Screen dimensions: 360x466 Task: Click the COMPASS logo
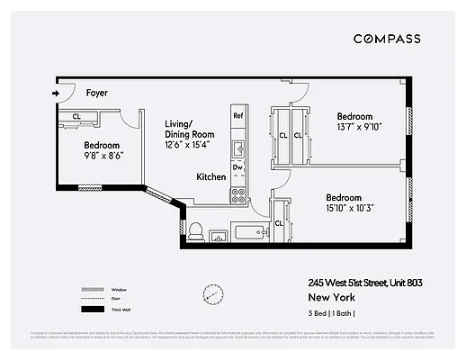pos(386,39)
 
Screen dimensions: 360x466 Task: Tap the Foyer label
pos(96,93)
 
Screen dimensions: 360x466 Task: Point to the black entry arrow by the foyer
pos(57,92)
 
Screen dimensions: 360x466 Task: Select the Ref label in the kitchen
pos(238,116)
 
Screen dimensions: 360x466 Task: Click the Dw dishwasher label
pos(238,166)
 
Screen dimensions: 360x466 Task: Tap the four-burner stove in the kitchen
pos(238,193)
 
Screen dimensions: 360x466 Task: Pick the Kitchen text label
pos(211,177)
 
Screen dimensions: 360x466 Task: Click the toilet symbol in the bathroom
pos(194,231)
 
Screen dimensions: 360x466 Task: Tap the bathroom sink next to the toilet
pos(219,236)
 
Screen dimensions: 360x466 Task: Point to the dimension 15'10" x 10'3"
pos(344,210)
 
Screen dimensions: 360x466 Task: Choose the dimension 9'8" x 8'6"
pos(103,155)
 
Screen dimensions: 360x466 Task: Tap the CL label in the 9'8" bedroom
pos(76,117)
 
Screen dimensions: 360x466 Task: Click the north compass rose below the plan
pos(213,293)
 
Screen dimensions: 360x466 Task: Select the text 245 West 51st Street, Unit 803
pos(364,283)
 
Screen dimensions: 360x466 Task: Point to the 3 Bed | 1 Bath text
pos(331,313)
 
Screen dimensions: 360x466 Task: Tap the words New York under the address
pos(330,297)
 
